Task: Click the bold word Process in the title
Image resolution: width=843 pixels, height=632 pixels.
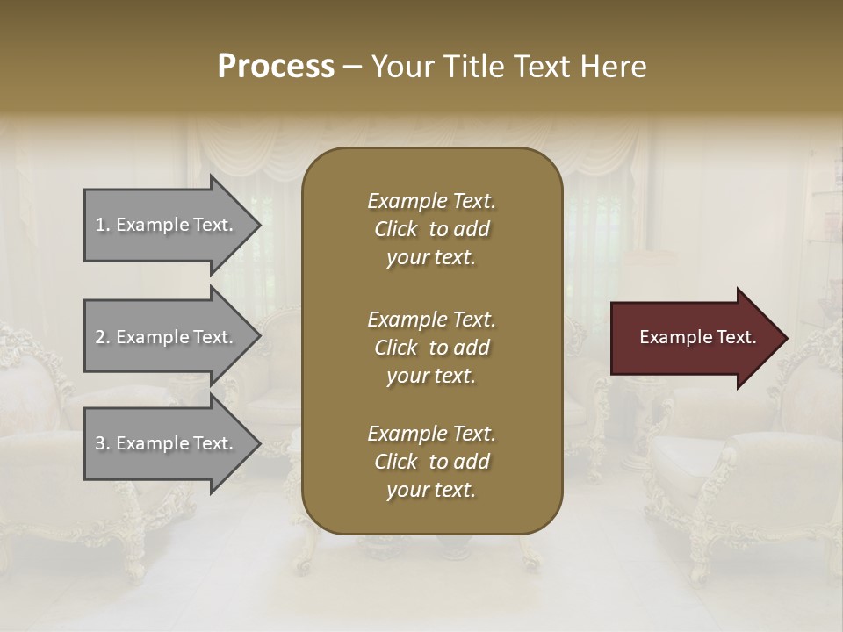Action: click(x=276, y=67)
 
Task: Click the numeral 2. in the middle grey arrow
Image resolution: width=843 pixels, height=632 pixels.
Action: click(x=103, y=337)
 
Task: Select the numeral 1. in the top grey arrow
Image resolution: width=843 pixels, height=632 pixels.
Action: click(x=103, y=225)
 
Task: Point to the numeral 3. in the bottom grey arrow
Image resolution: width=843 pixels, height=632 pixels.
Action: click(x=103, y=443)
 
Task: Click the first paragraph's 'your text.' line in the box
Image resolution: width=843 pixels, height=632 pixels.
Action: click(x=431, y=258)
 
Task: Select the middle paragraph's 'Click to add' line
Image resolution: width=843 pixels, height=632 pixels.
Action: click(x=431, y=348)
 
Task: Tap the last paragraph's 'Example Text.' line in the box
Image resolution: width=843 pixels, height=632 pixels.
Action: click(x=431, y=434)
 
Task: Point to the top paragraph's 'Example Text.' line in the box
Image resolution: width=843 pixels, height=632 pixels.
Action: click(x=431, y=201)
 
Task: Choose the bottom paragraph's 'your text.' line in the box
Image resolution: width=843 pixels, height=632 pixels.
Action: click(x=431, y=491)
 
